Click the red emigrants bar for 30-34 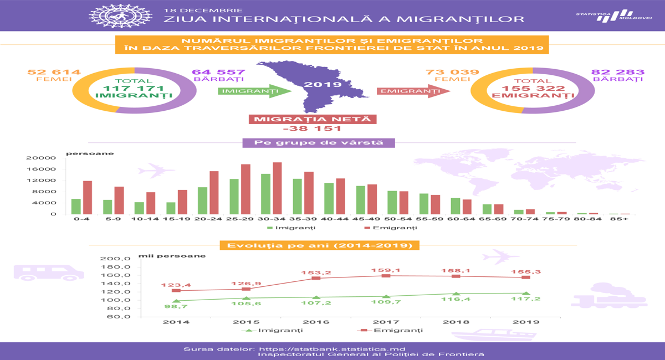click(x=277, y=188)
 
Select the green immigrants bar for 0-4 click(x=76, y=207)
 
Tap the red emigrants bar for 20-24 click(x=214, y=193)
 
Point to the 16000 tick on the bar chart click(x=41, y=169)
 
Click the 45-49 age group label click(x=366, y=219)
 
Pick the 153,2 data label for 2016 click(x=316, y=272)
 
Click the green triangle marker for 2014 click(x=176, y=301)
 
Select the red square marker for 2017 click(x=386, y=276)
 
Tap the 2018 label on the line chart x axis click(x=456, y=322)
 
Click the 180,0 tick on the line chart click(x=115, y=267)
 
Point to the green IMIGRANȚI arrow click(x=255, y=91)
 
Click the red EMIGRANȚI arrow click(x=413, y=91)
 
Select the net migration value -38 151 click(x=313, y=128)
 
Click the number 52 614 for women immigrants click(x=54, y=72)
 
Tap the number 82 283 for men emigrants click(x=618, y=72)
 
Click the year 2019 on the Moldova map click(x=323, y=85)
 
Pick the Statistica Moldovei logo click(x=613, y=16)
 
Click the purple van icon click(x=49, y=272)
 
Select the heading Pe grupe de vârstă click(x=319, y=143)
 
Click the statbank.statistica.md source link click(x=332, y=349)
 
